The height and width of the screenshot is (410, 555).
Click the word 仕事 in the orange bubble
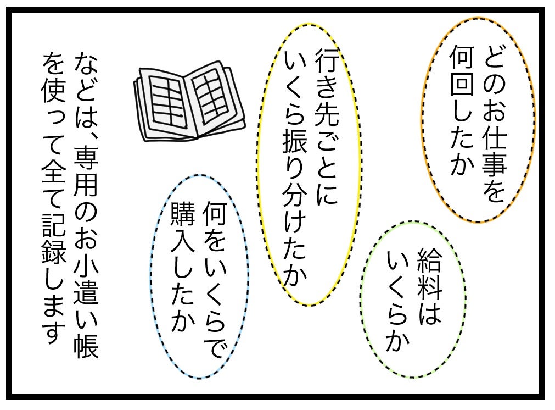coord(494,150)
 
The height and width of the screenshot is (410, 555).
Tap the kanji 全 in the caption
coord(54,172)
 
